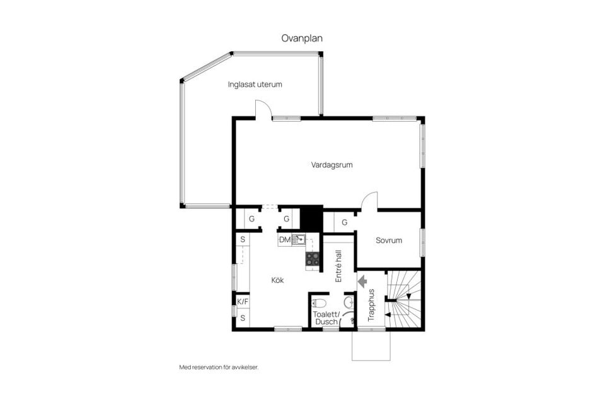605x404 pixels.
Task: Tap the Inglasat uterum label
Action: [255, 84]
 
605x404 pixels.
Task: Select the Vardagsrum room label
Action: [331, 165]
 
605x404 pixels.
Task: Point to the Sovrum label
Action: [389, 241]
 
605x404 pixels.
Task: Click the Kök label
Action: [277, 280]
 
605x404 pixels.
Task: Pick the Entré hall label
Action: [338, 266]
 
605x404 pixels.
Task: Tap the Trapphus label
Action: [371, 305]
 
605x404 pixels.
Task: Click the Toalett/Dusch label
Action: [327, 318]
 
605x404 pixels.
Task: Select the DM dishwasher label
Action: [285, 240]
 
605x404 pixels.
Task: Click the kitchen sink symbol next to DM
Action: [298, 240]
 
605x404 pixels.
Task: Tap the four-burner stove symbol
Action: [313, 259]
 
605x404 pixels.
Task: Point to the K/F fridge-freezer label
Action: [242, 302]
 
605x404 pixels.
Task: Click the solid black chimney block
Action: [311, 218]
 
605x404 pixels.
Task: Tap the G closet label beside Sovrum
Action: [344, 222]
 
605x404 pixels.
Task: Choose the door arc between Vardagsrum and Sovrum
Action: [370, 200]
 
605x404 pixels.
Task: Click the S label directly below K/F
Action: [242, 318]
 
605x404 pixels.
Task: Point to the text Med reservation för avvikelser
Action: [219, 367]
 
